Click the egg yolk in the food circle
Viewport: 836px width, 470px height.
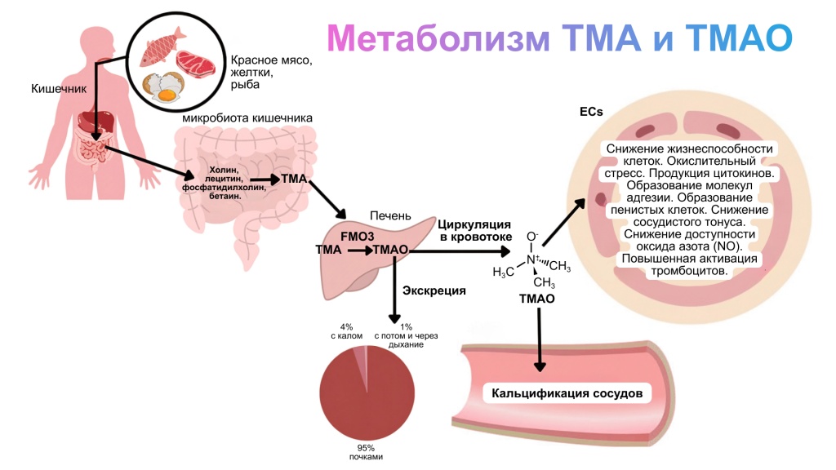pyautogui.click(x=167, y=95)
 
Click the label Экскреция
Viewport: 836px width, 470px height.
pyautogui.click(x=434, y=290)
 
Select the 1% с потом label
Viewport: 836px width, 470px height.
pyautogui.click(x=398, y=335)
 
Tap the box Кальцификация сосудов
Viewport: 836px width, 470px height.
pyautogui.click(x=567, y=394)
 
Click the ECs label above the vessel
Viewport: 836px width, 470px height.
pyautogui.click(x=591, y=112)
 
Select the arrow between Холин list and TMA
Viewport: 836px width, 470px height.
pyautogui.click(x=264, y=178)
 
